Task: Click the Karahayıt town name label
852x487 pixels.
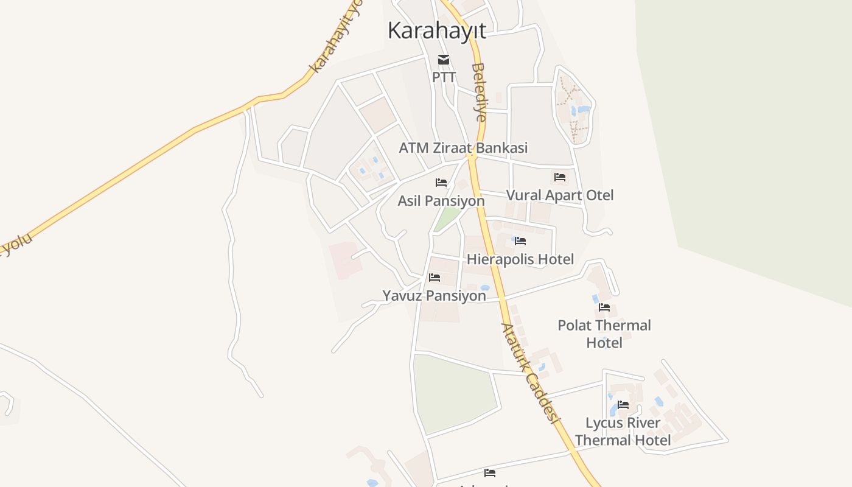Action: click(437, 30)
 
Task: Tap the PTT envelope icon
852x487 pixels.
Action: click(444, 59)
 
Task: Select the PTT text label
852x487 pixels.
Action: click(444, 77)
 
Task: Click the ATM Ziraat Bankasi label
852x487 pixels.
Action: click(463, 148)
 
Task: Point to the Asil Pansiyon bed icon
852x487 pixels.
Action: click(441, 183)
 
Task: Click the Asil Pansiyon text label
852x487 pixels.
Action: click(441, 201)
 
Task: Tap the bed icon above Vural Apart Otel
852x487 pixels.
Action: click(560, 177)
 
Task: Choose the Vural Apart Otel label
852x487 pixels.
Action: click(560, 195)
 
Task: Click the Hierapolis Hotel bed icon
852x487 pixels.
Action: click(520, 241)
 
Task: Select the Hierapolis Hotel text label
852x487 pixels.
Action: click(520, 260)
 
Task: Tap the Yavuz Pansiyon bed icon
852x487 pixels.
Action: click(435, 278)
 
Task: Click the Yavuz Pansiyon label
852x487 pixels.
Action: click(435, 296)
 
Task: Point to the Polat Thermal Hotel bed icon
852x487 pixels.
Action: click(604, 307)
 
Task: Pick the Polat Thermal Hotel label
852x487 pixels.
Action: click(604, 334)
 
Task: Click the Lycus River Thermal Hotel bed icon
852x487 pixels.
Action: click(623, 404)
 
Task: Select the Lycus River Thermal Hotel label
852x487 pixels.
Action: click(623, 431)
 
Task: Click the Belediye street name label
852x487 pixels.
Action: click(480, 92)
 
